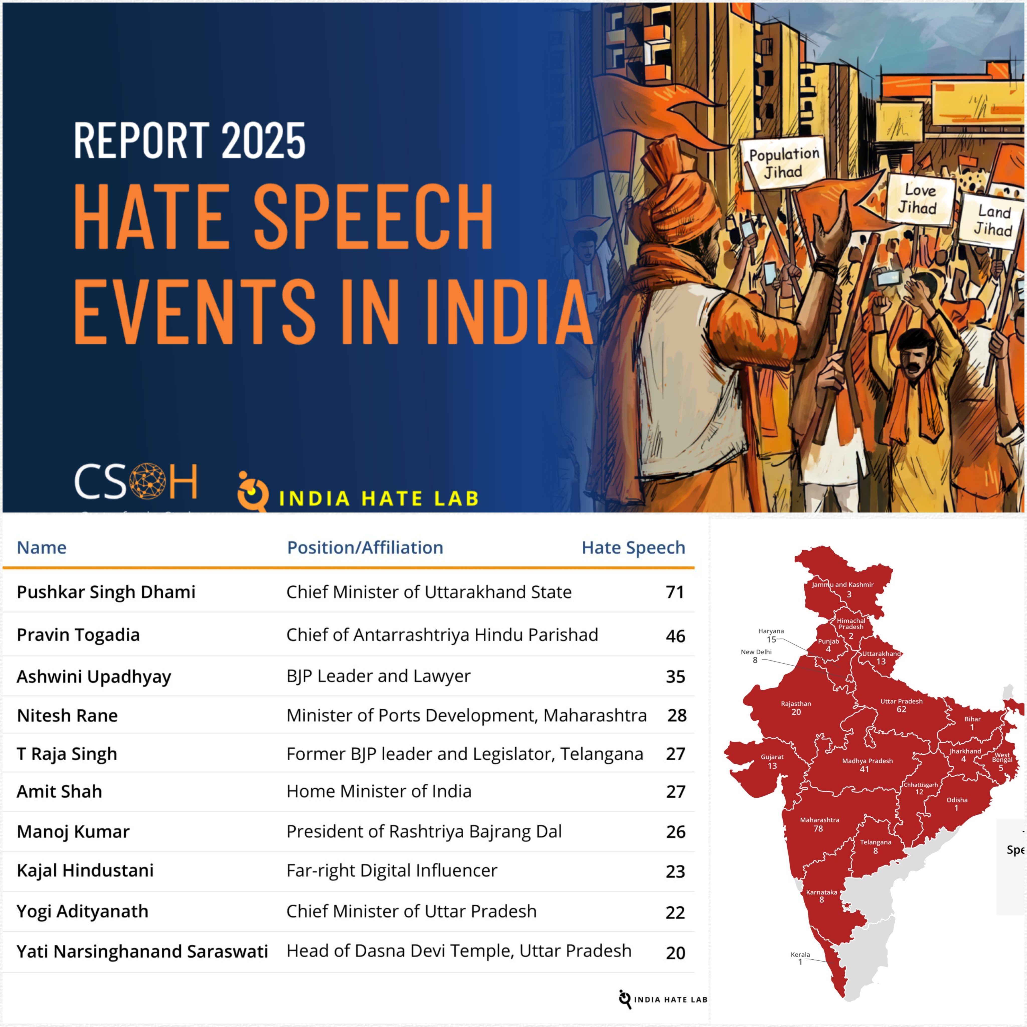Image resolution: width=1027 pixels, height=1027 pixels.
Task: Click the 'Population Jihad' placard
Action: coord(784,163)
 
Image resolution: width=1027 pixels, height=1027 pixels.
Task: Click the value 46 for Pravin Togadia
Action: coord(675,636)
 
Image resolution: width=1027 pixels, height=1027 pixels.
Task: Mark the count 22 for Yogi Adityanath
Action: coord(675,912)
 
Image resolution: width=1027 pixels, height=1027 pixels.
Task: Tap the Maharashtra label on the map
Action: coord(819,824)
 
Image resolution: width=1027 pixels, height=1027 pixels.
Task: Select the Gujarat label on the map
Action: coord(772,761)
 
